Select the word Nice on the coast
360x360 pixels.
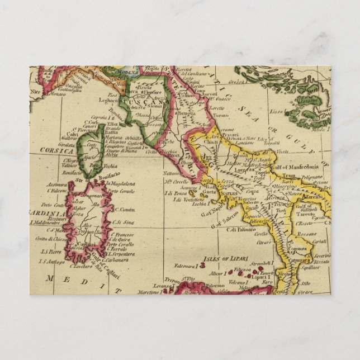tap(36, 90)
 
